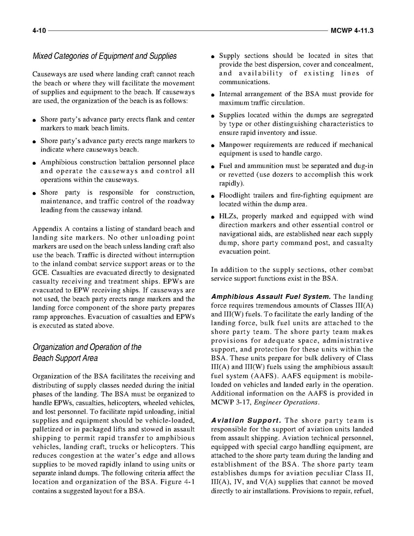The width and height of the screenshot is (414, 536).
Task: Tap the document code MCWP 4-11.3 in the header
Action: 352,31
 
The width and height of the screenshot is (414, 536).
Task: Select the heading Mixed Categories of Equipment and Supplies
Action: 104,56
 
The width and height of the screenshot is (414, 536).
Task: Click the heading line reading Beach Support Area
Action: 65,358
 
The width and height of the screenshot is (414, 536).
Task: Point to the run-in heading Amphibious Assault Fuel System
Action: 271,297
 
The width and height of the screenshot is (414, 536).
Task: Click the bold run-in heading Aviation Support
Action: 245,421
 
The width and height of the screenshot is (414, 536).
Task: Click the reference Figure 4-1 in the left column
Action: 177,482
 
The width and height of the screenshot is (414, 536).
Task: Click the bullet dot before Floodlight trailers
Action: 214,196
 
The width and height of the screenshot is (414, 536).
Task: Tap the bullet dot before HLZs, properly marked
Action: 214,217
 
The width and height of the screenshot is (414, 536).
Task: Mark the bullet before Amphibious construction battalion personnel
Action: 34,163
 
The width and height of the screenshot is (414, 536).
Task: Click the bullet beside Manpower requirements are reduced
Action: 214,146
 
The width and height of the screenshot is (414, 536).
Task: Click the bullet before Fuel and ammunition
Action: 214,167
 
